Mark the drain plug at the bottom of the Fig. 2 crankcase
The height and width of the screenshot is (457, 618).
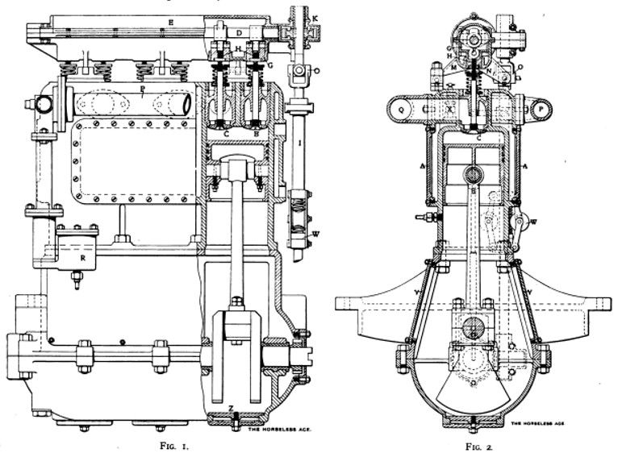(x=469, y=420)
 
